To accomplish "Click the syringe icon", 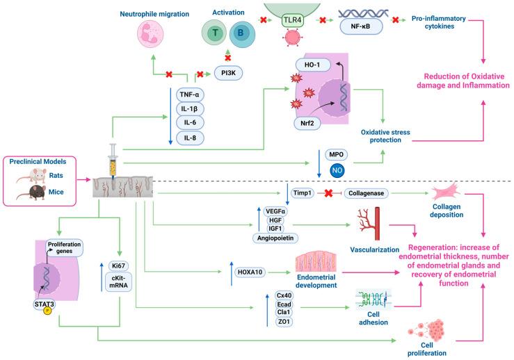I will [x=111, y=158].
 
